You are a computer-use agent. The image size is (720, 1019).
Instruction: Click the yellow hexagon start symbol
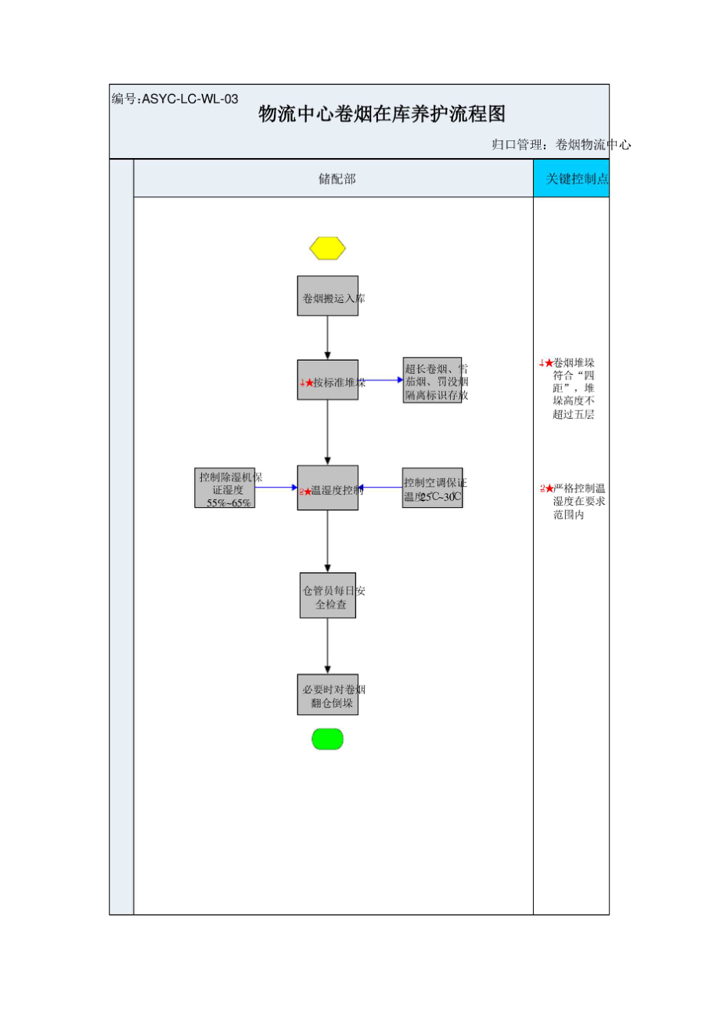pos(327,248)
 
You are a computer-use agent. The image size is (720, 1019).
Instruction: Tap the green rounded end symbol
pos(327,739)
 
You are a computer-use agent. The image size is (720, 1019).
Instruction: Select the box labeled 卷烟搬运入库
pos(327,296)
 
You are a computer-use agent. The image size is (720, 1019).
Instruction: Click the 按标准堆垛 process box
pos(327,380)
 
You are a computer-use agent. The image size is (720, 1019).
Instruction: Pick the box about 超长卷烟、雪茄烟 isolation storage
pos(433,381)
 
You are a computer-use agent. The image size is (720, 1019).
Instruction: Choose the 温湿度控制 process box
pos(327,488)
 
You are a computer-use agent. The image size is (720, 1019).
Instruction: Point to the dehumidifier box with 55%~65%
pos(225,488)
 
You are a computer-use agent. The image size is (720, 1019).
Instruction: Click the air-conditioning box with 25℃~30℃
pos(433,488)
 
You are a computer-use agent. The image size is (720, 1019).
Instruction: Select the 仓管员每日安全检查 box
pos(327,596)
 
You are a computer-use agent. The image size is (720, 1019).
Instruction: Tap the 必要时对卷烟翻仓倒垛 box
pos(327,694)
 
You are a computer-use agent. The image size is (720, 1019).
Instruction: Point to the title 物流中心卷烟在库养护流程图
pos(382,114)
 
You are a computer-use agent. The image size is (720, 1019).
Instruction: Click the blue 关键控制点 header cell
pos(571,179)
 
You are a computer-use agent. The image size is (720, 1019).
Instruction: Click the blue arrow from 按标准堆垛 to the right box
pos(381,380)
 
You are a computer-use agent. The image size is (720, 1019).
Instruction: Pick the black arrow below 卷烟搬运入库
pos(327,337)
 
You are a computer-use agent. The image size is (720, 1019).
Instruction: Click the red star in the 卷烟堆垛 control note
pos(549,363)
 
